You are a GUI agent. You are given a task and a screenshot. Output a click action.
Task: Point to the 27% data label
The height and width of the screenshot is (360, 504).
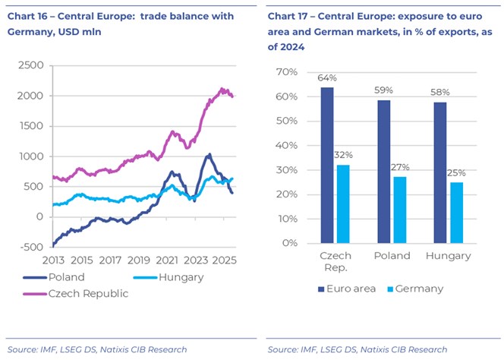[400, 168]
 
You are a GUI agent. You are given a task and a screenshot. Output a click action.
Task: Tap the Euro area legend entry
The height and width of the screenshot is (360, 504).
[338, 289]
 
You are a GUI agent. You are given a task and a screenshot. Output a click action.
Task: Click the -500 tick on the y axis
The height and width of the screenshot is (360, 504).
[32, 247]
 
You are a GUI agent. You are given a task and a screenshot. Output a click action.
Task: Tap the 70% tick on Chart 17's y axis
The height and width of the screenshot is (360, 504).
[286, 72]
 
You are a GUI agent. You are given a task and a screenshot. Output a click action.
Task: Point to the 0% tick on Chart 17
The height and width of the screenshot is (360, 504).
[289, 244]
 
